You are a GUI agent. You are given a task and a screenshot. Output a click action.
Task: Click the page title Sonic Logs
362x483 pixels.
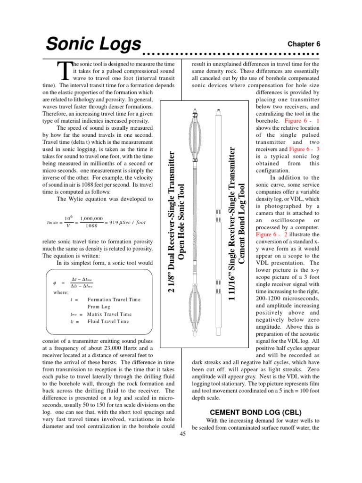click(x=93, y=45)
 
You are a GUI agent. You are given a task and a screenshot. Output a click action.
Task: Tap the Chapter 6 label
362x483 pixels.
click(x=304, y=43)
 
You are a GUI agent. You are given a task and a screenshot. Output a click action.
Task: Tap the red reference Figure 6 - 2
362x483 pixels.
click(x=272, y=234)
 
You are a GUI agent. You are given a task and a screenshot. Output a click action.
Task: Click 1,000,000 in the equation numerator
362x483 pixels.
click(x=91, y=218)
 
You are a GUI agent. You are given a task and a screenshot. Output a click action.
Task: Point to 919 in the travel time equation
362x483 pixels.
click(x=114, y=222)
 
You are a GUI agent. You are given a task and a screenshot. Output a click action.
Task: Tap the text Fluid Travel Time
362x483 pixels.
click(x=108, y=322)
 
